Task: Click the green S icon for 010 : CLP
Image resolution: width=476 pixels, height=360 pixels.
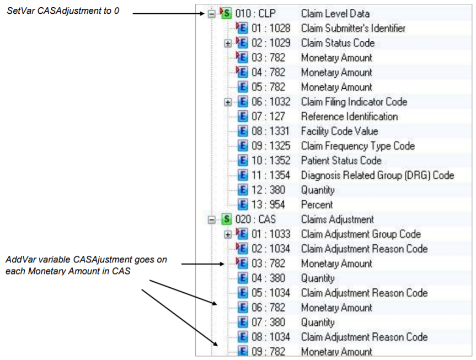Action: tap(226, 13)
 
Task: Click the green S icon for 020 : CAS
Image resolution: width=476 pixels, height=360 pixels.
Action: tap(227, 219)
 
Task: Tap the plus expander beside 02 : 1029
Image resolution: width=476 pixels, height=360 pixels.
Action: tap(227, 44)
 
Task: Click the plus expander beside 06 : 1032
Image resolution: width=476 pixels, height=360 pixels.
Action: tap(227, 103)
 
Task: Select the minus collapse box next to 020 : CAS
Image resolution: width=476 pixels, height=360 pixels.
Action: tap(212, 219)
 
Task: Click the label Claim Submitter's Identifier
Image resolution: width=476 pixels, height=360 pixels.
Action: tap(353, 28)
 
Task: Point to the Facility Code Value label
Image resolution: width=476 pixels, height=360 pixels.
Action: tap(339, 131)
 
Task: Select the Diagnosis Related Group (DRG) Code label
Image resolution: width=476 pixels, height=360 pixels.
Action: tap(377, 175)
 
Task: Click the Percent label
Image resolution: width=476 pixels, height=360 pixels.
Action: tap(317, 205)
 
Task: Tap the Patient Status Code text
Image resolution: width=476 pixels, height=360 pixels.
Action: tap(341, 160)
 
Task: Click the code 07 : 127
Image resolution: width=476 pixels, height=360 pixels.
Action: tap(268, 116)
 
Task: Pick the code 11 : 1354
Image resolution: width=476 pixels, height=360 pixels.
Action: tap(271, 175)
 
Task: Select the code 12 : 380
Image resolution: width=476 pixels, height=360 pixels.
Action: tap(268, 190)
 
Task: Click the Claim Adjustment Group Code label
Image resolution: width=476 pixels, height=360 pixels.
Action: tap(361, 234)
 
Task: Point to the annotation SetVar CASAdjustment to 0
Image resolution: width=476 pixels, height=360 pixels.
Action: tap(63, 11)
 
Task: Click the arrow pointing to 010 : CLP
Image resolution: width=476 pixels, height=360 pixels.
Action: tap(168, 13)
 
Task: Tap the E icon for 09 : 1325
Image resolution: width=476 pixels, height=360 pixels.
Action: tap(243, 146)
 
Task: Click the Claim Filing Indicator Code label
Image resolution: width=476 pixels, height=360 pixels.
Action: tap(354, 101)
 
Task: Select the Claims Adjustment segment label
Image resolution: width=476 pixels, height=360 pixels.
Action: tap(337, 219)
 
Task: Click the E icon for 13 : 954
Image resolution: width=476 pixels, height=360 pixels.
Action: tap(243, 205)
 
